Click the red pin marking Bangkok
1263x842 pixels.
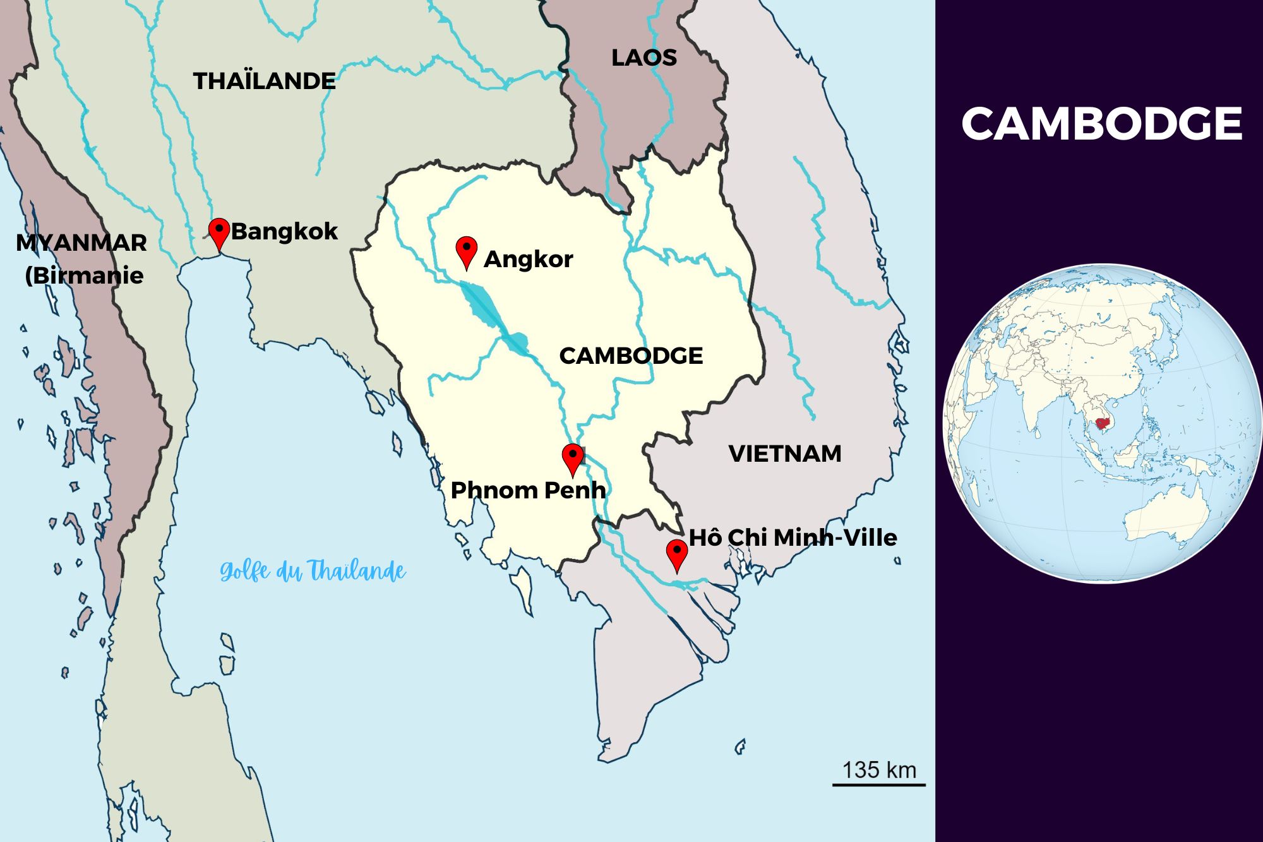pyautogui.click(x=218, y=232)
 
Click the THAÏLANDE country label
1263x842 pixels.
pyautogui.click(x=264, y=81)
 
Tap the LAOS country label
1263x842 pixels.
pyautogui.click(x=643, y=57)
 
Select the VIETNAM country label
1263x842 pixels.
pyautogui.click(x=784, y=454)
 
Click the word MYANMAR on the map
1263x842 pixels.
pyautogui.click(x=81, y=243)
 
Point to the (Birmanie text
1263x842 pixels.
pyautogui.click(x=84, y=275)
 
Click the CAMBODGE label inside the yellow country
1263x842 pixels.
pyautogui.click(x=630, y=356)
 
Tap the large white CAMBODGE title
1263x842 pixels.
pyautogui.click(x=1101, y=124)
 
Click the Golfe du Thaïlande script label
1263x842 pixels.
pyautogui.click(x=313, y=571)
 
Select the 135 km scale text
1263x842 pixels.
pyautogui.click(x=878, y=770)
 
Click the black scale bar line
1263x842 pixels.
pyautogui.click(x=878, y=785)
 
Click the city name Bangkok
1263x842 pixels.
pyautogui.click(x=284, y=231)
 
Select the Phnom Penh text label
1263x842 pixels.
pyautogui.click(x=528, y=490)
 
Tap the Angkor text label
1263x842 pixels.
pyautogui.click(x=528, y=259)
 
